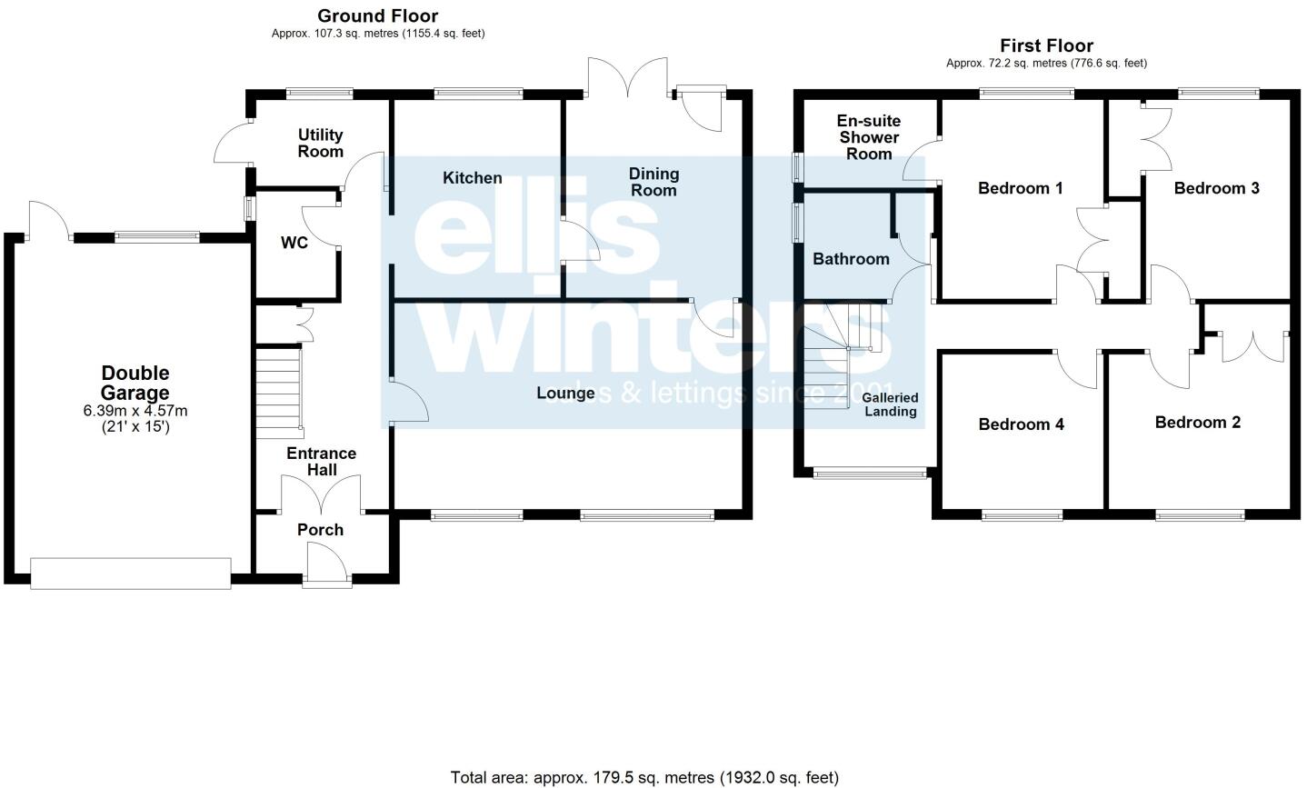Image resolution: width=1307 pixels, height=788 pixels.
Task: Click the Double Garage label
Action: (x=135, y=383)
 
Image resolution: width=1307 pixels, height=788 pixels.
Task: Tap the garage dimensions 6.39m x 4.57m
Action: (x=135, y=411)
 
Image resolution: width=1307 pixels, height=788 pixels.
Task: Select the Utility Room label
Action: (x=320, y=144)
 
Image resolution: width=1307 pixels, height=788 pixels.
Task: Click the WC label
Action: (x=294, y=243)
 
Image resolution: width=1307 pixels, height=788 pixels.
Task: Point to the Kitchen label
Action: (x=472, y=178)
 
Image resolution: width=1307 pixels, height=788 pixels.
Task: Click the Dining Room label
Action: (x=653, y=182)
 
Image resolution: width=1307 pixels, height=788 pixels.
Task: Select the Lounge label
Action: (x=565, y=394)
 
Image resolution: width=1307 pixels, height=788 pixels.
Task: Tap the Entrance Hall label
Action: (x=322, y=462)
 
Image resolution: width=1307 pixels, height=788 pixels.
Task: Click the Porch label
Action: (x=320, y=530)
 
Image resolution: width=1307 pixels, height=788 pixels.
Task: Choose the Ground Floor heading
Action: (x=377, y=16)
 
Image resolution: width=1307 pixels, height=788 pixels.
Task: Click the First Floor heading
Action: (x=1046, y=45)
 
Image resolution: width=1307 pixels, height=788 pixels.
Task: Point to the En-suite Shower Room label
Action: (x=869, y=137)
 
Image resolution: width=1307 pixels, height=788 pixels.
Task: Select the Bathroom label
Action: (x=851, y=259)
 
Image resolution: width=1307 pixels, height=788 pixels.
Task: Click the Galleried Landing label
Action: (x=890, y=404)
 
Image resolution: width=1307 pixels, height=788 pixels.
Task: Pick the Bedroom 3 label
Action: (x=1216, y=188)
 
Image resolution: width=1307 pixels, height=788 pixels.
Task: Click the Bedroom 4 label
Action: (x=1021, y=424)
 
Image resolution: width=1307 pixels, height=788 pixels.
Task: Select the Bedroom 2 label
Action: (x=1197, y=422)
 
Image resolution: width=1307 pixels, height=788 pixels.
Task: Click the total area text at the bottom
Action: (x=644, y=777)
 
